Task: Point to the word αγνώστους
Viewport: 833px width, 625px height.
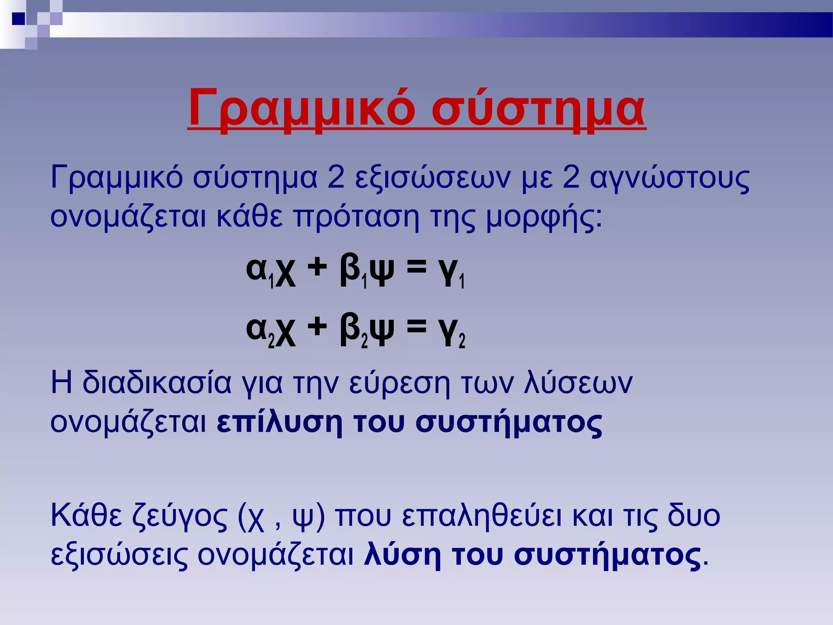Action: (669, 179)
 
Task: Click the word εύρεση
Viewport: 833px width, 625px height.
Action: (399, 383)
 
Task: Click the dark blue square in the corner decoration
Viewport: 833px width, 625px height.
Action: (18, 19)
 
